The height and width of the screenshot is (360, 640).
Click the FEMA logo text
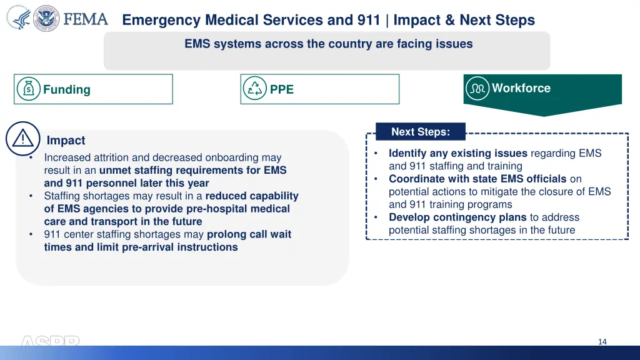point(86,19)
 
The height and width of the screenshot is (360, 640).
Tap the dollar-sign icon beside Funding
point(29,89)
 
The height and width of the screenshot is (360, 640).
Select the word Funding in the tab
point(67,89)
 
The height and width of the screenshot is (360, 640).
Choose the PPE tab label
point(282,89)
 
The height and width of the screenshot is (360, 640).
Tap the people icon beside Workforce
point(478,88)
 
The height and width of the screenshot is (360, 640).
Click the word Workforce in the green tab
point(521,88)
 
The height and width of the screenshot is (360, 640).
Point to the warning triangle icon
point(23,139)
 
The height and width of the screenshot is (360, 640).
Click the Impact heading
point(66,141)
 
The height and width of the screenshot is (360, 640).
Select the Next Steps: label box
point(420,132)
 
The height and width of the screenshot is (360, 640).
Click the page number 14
point(602,341)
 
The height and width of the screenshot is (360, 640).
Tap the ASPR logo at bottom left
point(50,342)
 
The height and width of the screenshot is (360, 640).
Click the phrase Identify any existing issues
point(458,153)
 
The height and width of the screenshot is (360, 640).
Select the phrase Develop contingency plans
point(457,217)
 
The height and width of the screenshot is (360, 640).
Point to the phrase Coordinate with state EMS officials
point(477,179)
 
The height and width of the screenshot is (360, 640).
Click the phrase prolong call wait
point(249,234)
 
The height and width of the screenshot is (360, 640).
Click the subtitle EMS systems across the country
point(329,44)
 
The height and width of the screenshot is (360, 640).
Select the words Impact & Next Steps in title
point(464,20)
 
